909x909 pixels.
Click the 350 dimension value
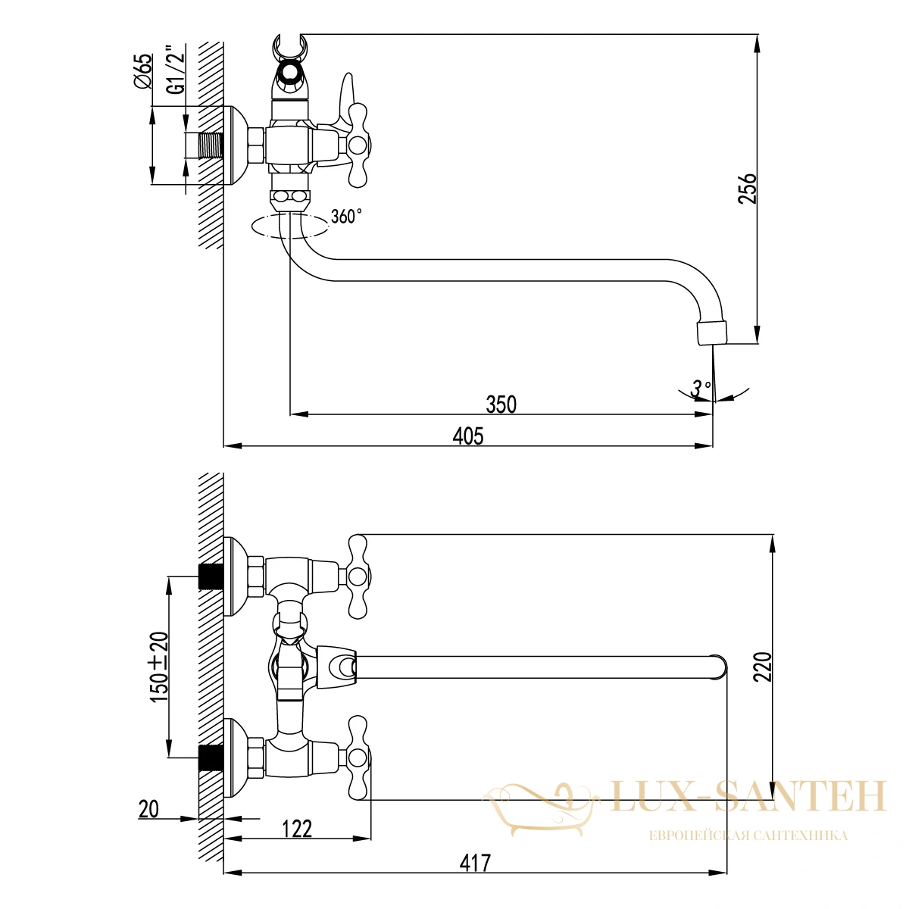tap(501, 405)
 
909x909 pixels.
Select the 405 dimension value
tap(468, 436)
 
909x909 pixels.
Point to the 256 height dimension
tap(747, 189)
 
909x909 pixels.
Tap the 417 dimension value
tap(475, 863)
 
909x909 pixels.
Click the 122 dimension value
tap(297, 829)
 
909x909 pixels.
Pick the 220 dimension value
tap(762, 667)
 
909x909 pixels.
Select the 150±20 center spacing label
tap(159, 666)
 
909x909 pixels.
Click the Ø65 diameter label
tap(143, 70)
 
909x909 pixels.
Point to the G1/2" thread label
tap(176, 70)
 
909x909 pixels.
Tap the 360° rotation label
tap(346, 217)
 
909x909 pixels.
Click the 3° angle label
tap(701, 389)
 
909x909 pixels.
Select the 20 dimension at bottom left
tap(148, 810)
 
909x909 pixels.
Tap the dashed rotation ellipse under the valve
tap(290, 238)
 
